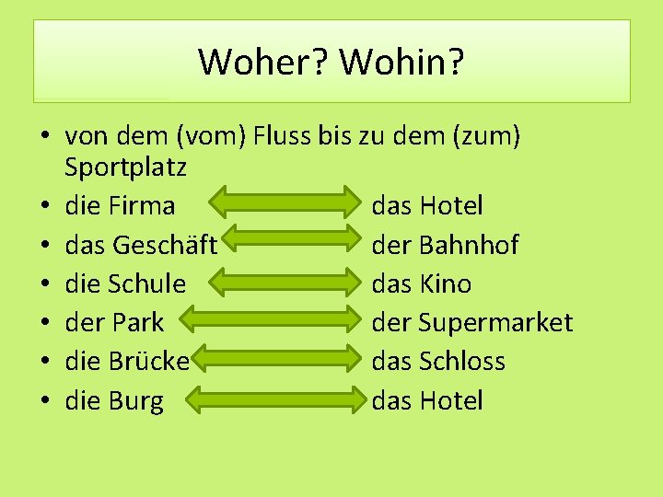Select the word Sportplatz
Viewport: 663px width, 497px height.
click(x=125, y=168)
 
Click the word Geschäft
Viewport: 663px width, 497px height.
click(x=165, y=245)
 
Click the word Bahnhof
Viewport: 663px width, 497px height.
click(x=468, y=245)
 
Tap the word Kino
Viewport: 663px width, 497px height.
click(x=445, y=283)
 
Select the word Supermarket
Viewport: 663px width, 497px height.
click(x=494, y=322)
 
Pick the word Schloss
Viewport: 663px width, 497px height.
click(x=462, y=361)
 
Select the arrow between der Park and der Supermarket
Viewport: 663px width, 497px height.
click(x=273, y=322)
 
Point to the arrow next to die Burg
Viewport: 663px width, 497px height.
click(x=273, y=400)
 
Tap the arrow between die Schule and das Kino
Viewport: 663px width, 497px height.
click(x=273, y=283)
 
